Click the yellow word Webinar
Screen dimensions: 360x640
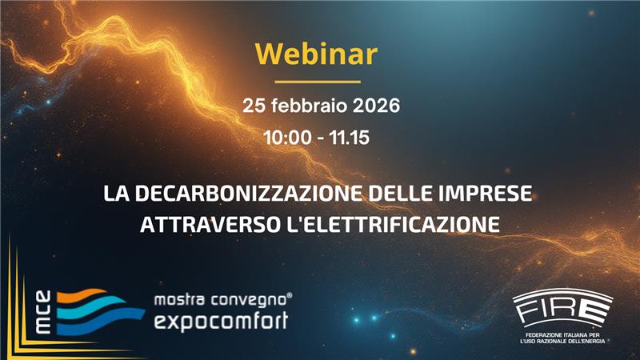(x=316, y=54)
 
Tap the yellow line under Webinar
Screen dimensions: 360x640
(x=318, y=81)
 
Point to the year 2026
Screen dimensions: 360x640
(x=369, y=106)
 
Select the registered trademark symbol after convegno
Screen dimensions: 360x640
(x=289, y=296)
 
